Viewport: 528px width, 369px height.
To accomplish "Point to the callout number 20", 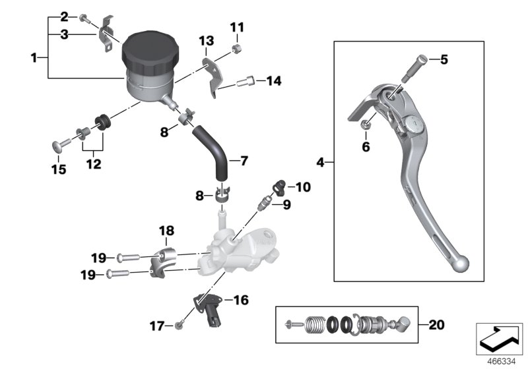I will click(x=436, y=325).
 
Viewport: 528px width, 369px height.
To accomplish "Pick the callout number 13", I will click(x=207, y=42).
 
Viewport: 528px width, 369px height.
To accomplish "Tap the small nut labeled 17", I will click(x=180, y=326).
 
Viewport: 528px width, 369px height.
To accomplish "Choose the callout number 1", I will click(x=34, y=58).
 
